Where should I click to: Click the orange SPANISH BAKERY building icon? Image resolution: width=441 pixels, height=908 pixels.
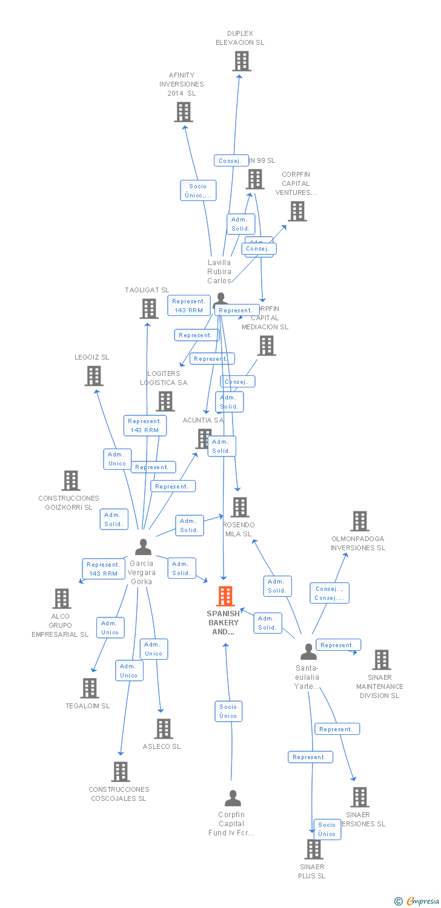coord(225,596)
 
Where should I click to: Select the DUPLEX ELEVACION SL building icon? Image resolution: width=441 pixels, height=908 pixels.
coord(241,61)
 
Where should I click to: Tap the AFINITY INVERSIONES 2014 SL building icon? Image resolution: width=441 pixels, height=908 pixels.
coord(184,112)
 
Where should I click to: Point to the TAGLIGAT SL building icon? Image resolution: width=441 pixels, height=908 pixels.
coord(148,309)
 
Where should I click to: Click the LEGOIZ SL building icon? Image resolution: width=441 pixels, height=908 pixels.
coord(93,376)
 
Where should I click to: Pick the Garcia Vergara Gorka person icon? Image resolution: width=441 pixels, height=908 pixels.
coord(143,547)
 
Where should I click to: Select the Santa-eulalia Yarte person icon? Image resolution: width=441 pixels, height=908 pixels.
coord(308,652)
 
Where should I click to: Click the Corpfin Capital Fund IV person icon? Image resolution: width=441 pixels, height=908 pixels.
coord(233,798)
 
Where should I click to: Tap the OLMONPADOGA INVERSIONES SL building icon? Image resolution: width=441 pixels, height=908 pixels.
coord(360,521)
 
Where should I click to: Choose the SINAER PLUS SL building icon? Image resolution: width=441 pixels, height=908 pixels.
coord(313,849)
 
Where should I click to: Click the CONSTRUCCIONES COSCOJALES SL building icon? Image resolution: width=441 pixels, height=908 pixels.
coord(121,772)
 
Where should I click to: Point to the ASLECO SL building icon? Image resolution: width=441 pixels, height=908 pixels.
coord(163,729)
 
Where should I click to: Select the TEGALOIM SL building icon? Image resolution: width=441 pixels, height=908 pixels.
coord(90,688)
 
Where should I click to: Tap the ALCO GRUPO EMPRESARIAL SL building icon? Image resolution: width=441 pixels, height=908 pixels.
coord(61,599)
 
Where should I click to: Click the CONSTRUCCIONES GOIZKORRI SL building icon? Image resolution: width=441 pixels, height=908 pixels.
coord(71,481)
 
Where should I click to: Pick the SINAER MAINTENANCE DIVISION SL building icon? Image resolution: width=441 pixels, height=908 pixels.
coord(381,660)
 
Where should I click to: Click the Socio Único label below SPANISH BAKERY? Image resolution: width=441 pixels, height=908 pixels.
coord(228,711)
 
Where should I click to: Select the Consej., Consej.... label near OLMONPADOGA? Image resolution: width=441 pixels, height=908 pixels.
coord(330,593)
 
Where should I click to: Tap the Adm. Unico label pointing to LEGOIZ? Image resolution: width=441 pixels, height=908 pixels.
coord(117,459)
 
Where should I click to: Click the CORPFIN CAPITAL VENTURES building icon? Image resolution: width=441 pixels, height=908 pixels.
coord(297,211)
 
